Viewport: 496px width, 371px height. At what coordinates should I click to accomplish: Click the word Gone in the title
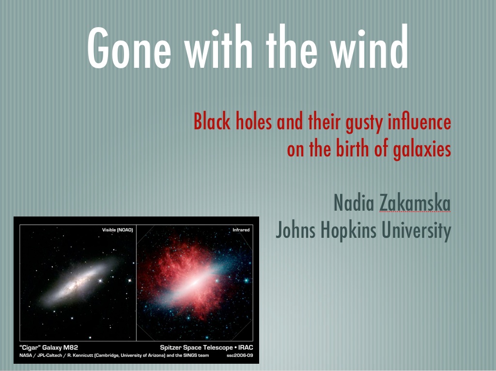[129, 47]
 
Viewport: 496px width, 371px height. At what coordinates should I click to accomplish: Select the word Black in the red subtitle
[212, 121]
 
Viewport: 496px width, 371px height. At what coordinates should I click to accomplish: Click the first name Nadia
[354, 203]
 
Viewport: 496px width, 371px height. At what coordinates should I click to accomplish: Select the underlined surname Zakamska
[415, 203]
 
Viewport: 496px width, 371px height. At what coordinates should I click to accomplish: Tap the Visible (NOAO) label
[117, 230]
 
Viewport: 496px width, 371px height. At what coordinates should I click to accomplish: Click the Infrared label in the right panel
[241, 230]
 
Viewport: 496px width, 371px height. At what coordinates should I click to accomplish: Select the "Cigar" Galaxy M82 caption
[49, 348]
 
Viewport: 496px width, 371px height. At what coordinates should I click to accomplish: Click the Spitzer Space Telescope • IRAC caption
[206, 348]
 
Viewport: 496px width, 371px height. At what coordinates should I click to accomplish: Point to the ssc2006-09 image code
[240, 356]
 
